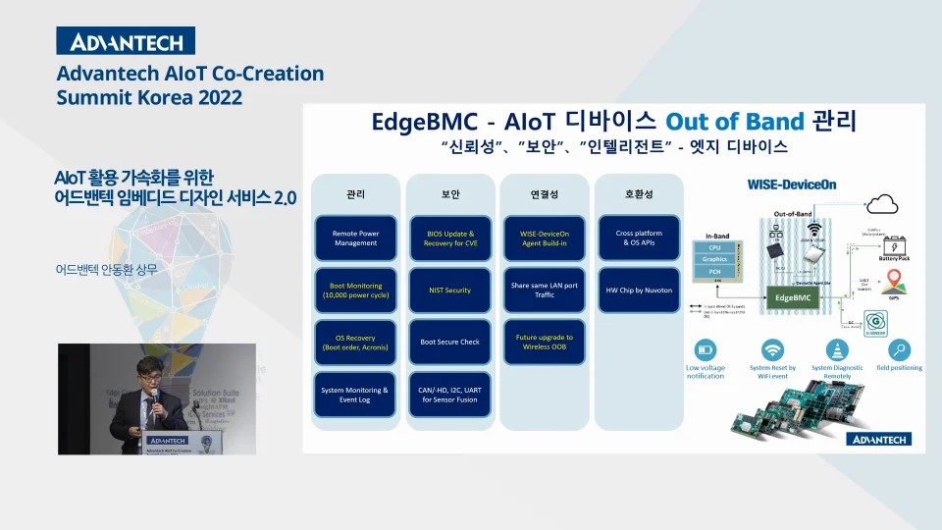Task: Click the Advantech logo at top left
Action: point(126,41)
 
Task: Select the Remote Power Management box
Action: point(354,238)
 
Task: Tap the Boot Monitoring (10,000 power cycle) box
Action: point(354,291)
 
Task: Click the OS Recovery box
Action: point(354,343)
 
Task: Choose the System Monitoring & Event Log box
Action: point(354,395)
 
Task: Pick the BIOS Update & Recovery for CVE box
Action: point(449,238)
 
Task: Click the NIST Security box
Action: point(449,291)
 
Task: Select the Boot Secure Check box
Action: point(449,343)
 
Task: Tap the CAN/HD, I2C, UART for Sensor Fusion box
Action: point(449,395)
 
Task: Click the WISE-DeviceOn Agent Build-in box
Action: point(544,238)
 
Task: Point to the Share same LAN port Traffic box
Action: point(544,291)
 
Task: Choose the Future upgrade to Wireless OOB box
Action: point(544,343)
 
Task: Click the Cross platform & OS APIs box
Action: point(639,238)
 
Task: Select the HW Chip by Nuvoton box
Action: point(639,291)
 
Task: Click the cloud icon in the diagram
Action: point(883,203)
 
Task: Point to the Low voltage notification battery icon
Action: point(705,350)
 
